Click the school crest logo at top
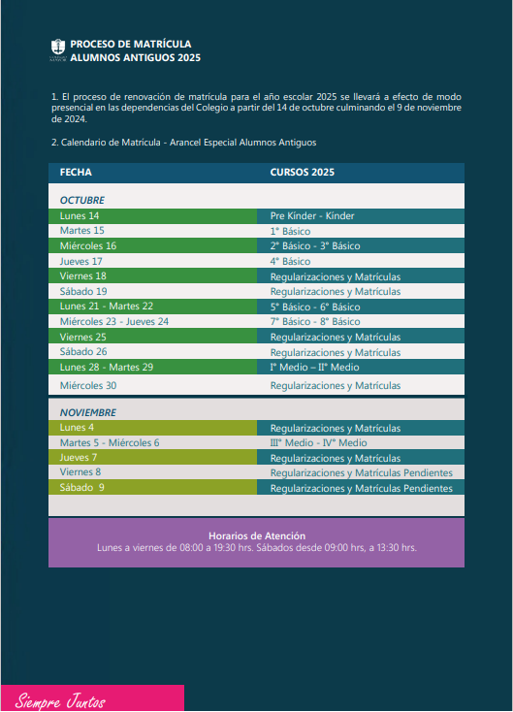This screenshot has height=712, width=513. tap(57, 49)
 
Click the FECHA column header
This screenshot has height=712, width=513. tap(76, 172)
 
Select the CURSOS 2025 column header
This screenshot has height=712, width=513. tap(302, 172)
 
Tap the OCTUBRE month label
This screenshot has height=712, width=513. tap(81, 200)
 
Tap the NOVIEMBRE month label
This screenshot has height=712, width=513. tap(87, 412)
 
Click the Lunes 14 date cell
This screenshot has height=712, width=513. tap(80, 215)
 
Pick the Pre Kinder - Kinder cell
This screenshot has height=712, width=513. tap(312, 215)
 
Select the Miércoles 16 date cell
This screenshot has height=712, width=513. tap(87, 245)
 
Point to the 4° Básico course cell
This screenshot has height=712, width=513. tap(290, 261)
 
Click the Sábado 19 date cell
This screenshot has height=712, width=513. tap(82, 291)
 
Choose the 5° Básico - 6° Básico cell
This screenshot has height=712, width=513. tap(314, 307)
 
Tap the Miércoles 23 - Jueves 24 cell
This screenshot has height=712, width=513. tap(113, 321)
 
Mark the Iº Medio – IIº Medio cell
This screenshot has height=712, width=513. tap(314, 368)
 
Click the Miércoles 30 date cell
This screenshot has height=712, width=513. tap(87, 385)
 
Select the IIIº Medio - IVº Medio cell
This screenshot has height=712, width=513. tap(318, 442)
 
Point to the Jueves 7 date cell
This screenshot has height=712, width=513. tap(79, 457)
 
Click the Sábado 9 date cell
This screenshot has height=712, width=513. tap(81, 487)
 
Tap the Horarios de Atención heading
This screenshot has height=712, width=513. tap(257, 535)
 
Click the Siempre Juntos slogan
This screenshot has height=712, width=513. tap(60, 700)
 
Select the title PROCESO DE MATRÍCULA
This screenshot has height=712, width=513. tap(131, 44)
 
